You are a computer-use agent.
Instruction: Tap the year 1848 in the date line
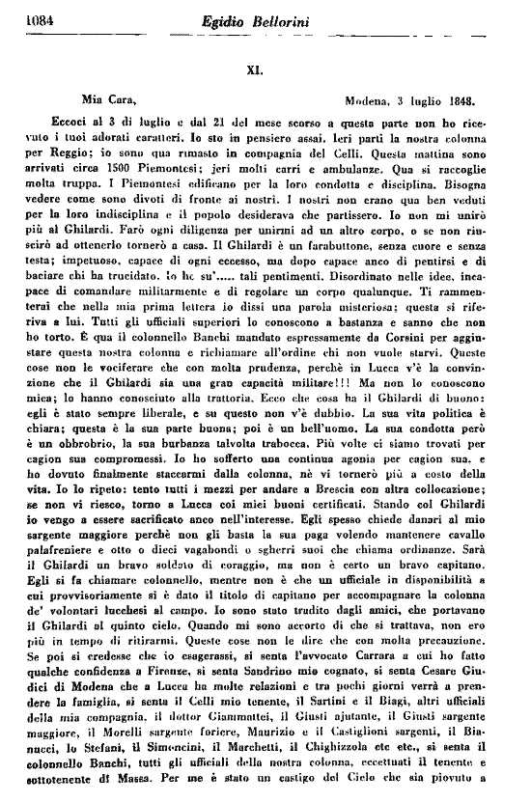coord(468,98)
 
